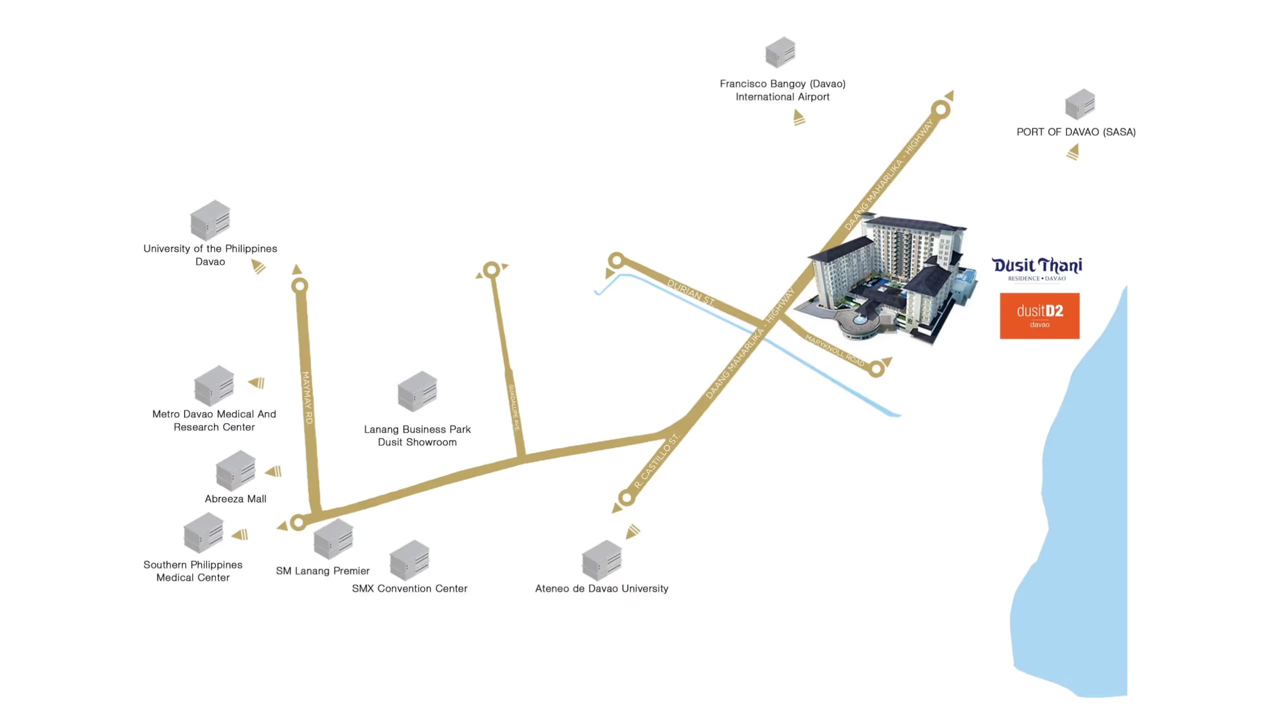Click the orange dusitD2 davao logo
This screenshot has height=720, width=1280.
[1039, 316]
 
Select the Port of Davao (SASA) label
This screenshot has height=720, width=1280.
[1076, 132]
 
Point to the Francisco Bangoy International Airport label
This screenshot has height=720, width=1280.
[782, 90]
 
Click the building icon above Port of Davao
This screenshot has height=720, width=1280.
[1080, 104]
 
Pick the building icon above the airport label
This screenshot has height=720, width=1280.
[780, 52]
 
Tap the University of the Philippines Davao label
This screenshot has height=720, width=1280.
[210, 255]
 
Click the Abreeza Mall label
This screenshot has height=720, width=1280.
[235, 498]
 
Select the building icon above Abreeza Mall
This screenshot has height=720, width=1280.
[235, 470]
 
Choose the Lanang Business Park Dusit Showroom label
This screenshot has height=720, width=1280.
[417, 435]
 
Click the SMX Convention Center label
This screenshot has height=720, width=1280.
[409, 588]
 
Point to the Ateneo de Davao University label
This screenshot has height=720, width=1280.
[601, 588]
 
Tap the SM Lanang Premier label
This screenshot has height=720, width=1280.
[322, 570]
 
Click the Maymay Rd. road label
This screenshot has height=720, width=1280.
[307, 398]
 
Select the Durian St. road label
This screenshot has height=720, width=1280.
[691, 292]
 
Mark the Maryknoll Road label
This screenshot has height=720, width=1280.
[834, 350]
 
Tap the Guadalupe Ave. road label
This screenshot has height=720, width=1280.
[514, 407]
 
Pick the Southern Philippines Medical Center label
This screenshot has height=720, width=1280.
[193, 571]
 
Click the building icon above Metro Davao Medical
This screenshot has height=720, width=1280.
[214, 385]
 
